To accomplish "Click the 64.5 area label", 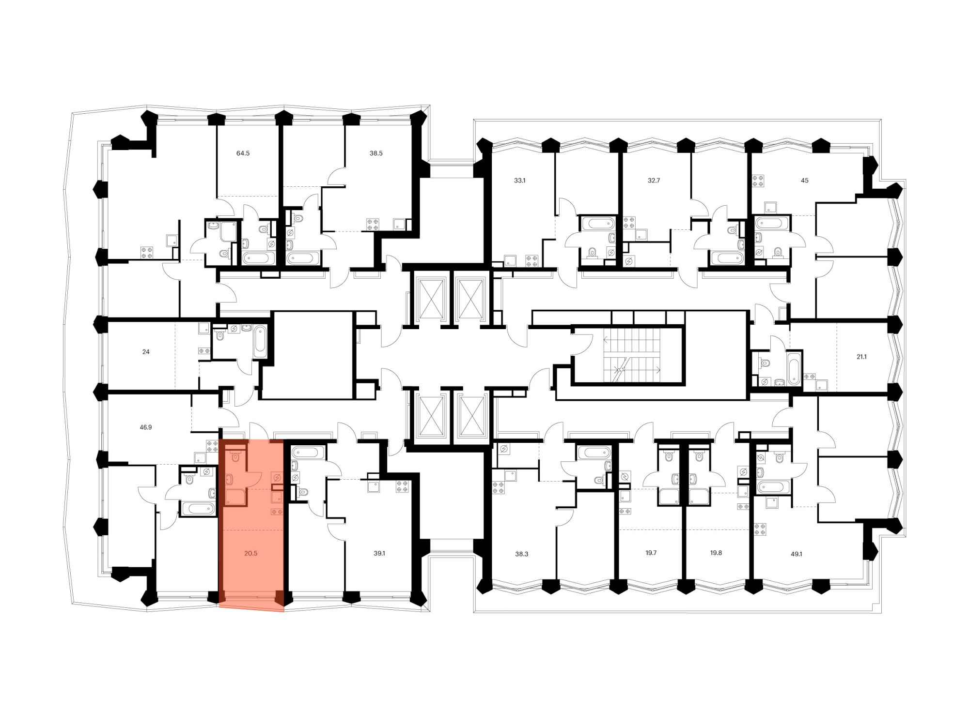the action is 243,153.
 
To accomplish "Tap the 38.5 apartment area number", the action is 376,153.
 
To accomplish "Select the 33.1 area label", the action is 519,181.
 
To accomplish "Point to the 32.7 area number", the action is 654,181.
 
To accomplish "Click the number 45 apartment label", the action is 804,181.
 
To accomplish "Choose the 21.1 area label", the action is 861,357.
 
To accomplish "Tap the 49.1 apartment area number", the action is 797,554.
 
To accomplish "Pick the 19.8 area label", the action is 716,553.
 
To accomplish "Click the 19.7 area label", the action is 651,553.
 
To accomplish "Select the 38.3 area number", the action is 521,554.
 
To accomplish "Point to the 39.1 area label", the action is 379,553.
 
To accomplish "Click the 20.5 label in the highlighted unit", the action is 250,553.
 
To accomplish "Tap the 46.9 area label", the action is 146,427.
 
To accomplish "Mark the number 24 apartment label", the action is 146,352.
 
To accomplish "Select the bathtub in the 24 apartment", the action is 260,342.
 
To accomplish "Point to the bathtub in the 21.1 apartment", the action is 794,369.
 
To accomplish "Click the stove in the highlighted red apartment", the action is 277,512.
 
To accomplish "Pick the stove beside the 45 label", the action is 758,181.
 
